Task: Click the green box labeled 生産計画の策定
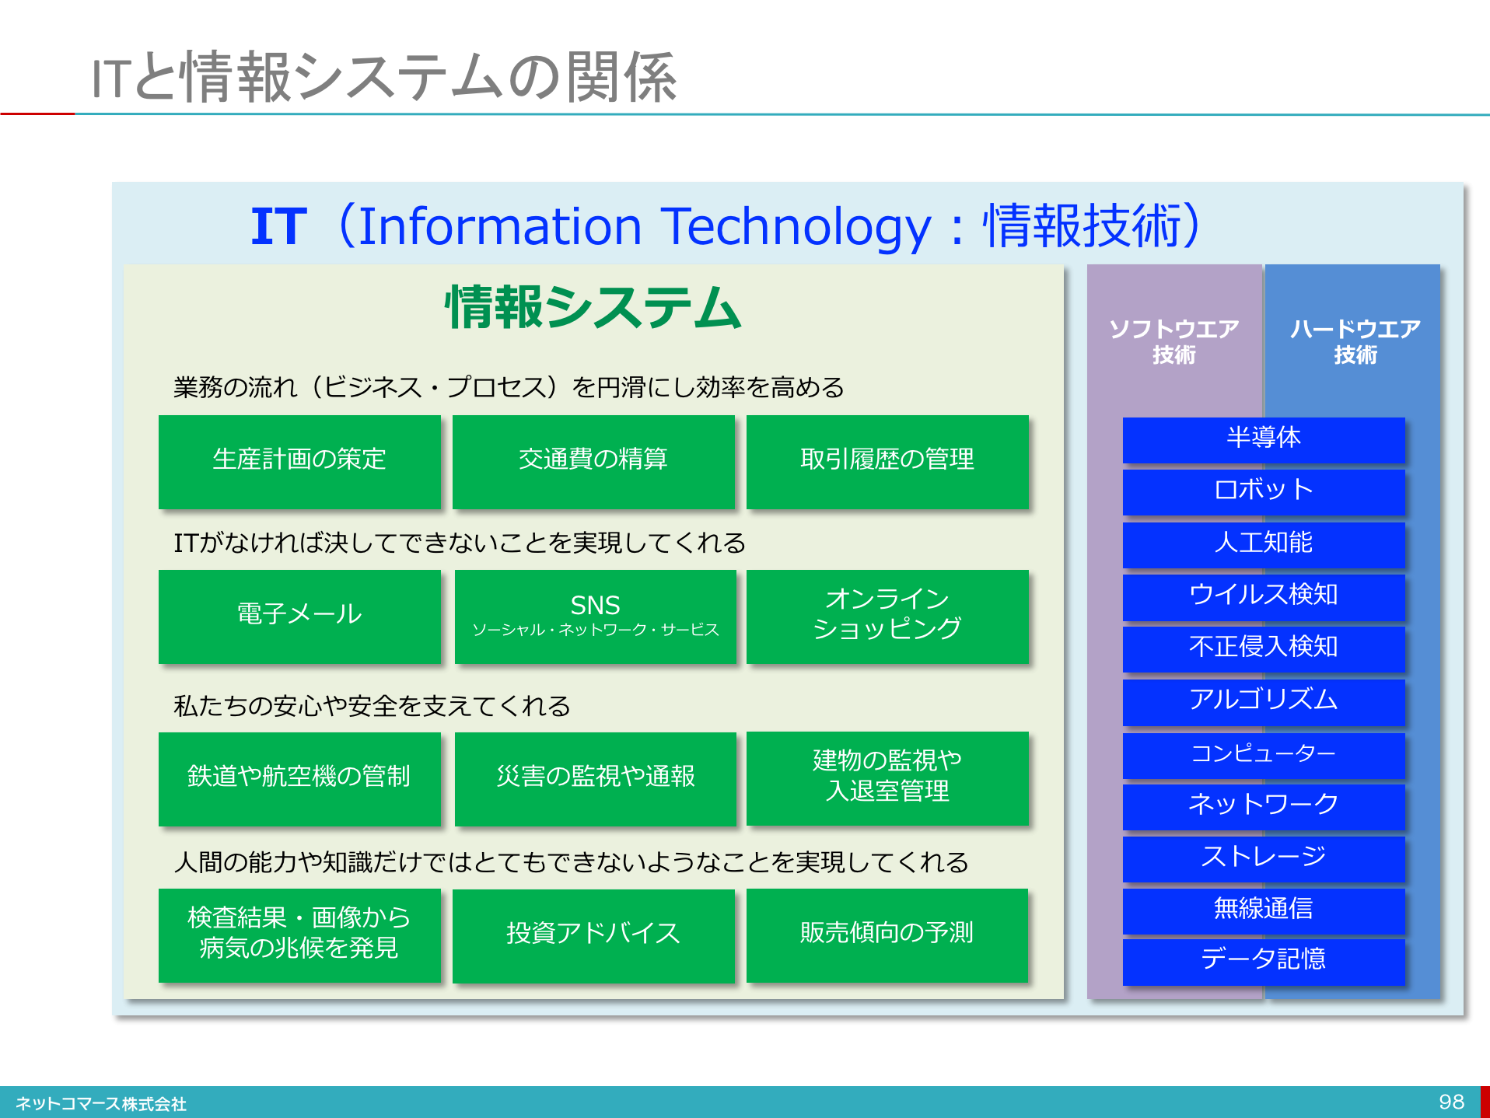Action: click(x=299, y=462)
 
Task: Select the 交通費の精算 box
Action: click(x=593, y=462)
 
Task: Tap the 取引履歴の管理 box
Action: click(x=887, y=462)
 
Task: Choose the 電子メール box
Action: click(x=299, y=616)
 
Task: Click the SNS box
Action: click(x=595, y=616)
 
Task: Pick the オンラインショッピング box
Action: click(x=887, y=616)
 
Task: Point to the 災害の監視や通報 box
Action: click(x=595, y=778)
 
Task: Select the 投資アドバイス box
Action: click(x=593, y=935)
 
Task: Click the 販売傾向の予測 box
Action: click(x=887, y=935)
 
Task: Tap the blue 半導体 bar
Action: click(x=1264, y=439)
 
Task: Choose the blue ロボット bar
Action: click(x=1264, y=491)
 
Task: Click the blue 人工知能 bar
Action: click(x=1264, y=543)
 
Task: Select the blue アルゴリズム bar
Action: click(x=1264, y=701)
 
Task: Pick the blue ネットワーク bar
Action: click(x=1264, y=805)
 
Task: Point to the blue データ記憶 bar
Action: click(x=1264, y=961)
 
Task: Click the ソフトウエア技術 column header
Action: click(x=1173, y=342)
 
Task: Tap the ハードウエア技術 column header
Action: click(x=1354, y=342)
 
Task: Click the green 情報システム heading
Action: click(x=593, y=308)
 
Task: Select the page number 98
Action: click(x=1451, y=1102)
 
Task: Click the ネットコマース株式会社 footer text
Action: click(x=101, y=1104)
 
